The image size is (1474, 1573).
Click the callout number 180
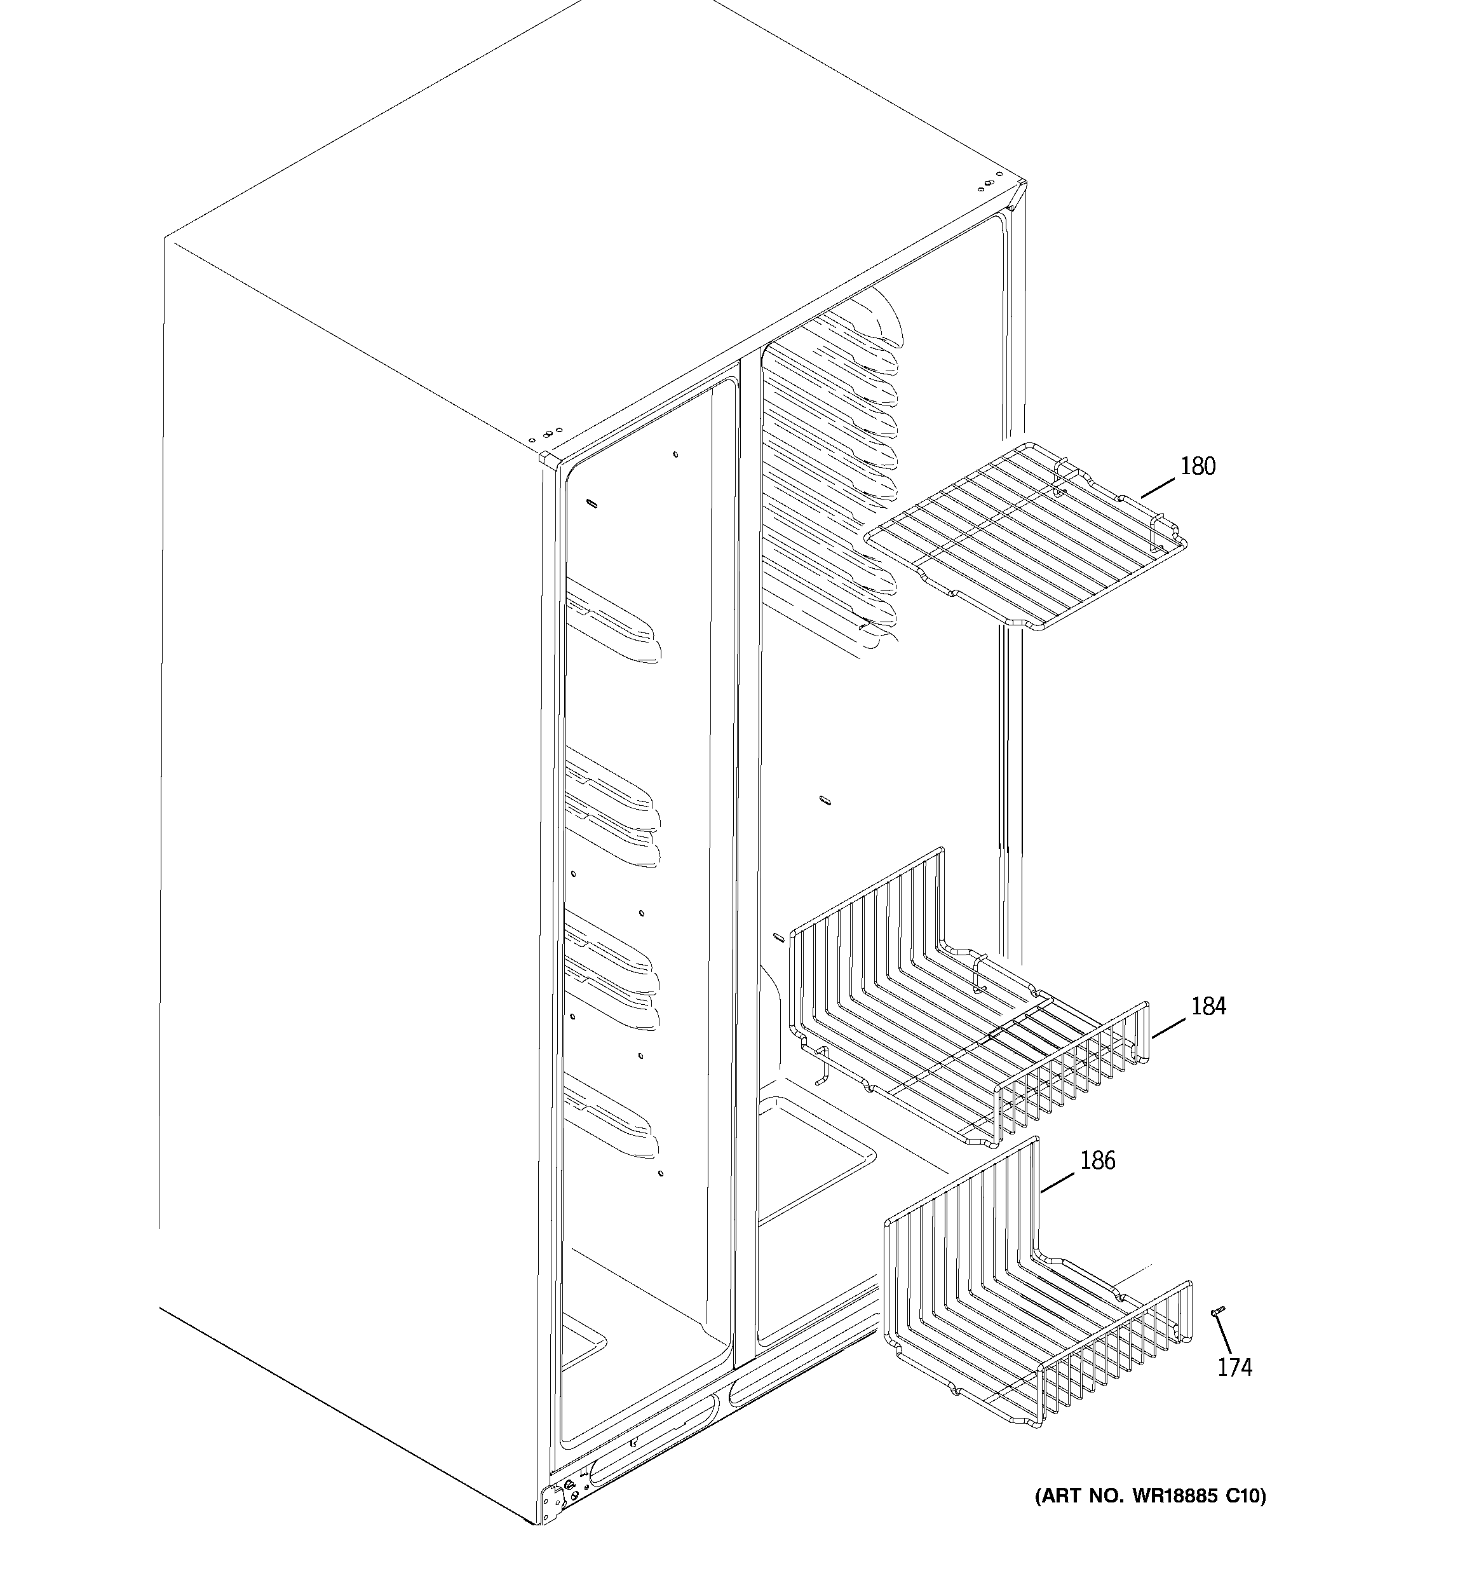[x=1197, y=467]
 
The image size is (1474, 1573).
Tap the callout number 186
[x=1097, y=1160]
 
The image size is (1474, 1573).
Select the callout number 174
[x=1234, y=1367]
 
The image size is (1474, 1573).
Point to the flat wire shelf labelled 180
[x=1026, y=538]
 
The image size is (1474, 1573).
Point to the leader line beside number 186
[x=1058, y=1180]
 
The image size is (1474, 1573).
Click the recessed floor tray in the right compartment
[x=815, y=1155]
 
